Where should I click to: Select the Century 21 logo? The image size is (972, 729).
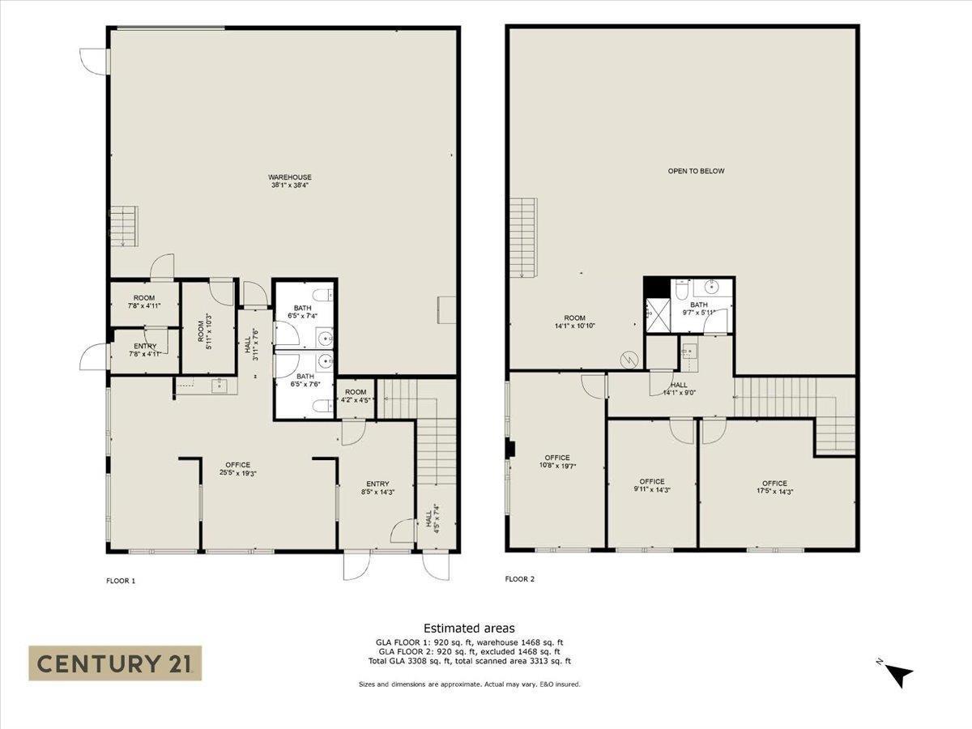(x=115, y=663)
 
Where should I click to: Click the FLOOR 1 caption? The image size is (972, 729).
(x=121, y=580)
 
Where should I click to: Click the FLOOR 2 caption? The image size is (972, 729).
(x=519, y=579)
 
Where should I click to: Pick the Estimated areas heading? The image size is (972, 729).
(x=469, y=628)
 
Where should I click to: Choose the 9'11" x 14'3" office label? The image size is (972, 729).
(x=651, y=485)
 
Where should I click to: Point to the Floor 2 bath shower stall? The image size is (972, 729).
(x=656, y=316)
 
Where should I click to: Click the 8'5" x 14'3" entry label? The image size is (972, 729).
(x=377, y=488)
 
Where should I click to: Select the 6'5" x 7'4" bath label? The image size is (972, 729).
(x=302, y=312)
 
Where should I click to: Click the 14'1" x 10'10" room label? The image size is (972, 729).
(x=575, y=322)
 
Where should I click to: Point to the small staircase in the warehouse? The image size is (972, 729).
(x=125, y=226)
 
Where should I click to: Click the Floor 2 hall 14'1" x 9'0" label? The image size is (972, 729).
(x=679, y=389)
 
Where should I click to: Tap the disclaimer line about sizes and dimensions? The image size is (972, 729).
(x=469, y=684)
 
